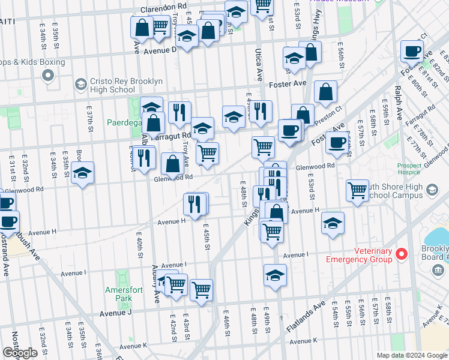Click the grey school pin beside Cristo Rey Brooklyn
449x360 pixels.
[x=80, y=85]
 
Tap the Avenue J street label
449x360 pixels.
[x=115, y=313]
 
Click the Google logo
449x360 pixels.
[x=20, y=353]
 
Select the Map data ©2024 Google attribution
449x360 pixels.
[x=411, y=355]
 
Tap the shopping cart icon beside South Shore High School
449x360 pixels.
[x=358, y=191]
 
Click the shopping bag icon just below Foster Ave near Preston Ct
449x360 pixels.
[x=325, y=92]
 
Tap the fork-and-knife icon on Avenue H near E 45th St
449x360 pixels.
[x=194, y=204]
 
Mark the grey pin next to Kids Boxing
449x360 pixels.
[x=47, y=76]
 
